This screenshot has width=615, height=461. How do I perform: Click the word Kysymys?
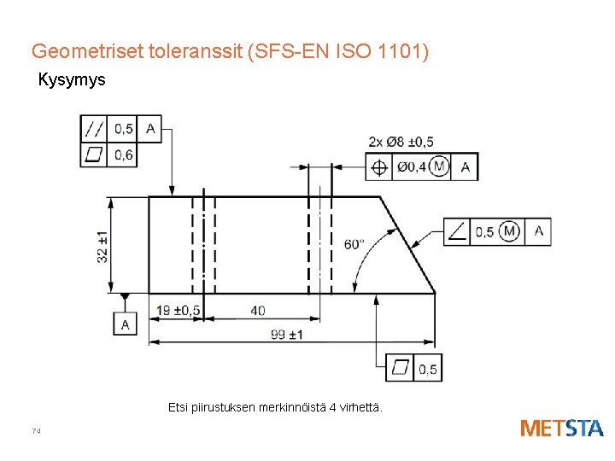pos(71,81)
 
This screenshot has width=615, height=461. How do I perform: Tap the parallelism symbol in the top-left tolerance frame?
pos(94,129)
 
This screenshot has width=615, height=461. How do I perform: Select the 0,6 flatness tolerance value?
pos(123,155)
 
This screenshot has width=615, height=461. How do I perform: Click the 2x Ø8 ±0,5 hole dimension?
pos(401,142)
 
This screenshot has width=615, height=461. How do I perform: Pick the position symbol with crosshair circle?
pos(379,167)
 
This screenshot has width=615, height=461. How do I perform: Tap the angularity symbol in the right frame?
pos(458,232)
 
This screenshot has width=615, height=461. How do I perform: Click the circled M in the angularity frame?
pos(511,231)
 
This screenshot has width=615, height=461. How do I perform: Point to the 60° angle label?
pos(353,243)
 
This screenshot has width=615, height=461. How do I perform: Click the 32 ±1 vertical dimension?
pos(103,247)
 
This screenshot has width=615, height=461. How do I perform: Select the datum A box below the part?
pos(126,324)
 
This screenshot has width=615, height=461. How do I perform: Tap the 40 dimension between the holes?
pos(258,310)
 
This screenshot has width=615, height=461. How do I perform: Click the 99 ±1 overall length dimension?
pos(286,334)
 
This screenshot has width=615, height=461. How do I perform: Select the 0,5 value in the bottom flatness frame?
pos(428,369)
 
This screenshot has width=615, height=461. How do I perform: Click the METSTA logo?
pos(561,428)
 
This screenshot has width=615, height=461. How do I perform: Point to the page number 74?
pos(36,431)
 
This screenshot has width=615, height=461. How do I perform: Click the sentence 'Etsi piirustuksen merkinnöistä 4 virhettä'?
pos(276,408)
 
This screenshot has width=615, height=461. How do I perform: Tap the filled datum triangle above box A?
pos(126,297)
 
